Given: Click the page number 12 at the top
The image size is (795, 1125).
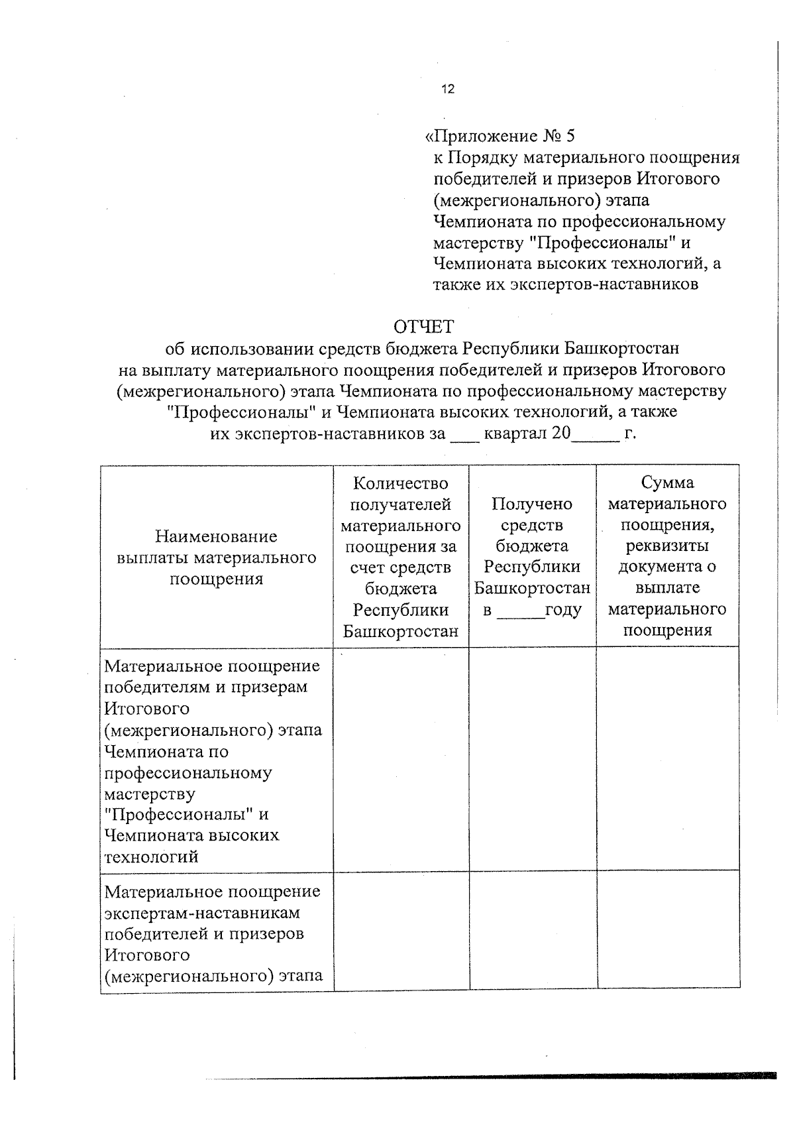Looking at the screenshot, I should coord(448,89).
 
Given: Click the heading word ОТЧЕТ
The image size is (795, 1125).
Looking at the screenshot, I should coord(423,327).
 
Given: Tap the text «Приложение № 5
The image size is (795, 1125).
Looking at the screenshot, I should coord(499,137).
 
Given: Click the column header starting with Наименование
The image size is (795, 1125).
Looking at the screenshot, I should coord(216,557).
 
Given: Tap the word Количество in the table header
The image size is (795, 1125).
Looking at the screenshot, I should coord(401,483).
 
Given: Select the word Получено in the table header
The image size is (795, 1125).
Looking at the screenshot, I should coord(532,504).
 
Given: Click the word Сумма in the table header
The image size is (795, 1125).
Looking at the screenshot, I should coord(667,483).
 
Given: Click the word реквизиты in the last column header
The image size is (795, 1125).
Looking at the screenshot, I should coord(667,546).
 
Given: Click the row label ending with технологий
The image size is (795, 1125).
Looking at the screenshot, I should coord(152,857).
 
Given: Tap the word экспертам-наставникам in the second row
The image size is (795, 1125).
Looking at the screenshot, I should coord(202,913).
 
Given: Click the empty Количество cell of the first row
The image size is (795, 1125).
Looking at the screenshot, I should coord(401,759).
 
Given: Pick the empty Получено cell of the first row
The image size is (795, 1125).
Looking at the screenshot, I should coord(532,759).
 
